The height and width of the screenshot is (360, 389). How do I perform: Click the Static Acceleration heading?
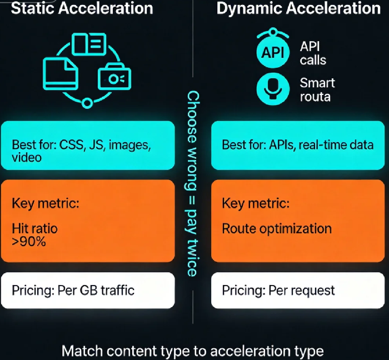point(82,8)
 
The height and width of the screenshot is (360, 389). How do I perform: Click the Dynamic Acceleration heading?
point(298,8)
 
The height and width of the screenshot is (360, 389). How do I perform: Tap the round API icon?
point(272,53)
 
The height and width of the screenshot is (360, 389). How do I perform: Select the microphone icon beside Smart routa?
point(272,89)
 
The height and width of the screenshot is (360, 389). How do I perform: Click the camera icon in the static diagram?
point(114,78)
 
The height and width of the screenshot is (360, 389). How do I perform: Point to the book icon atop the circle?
point(88,44)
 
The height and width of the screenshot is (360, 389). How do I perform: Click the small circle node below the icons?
point(87,103)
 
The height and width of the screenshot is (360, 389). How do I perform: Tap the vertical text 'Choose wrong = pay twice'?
point(192,183)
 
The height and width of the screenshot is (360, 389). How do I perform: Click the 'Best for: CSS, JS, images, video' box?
point(87,146)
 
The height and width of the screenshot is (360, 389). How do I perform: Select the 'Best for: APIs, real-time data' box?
point(298,146)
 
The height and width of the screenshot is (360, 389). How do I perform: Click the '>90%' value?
point(29,241)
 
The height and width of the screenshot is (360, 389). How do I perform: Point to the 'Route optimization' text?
point(277,228)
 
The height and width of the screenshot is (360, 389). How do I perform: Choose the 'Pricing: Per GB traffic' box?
point(87,290)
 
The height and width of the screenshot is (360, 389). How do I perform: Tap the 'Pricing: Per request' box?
point(298,290)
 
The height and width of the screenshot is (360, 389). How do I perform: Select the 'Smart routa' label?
point(317,89)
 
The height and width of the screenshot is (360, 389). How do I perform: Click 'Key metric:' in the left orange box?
point(46,203)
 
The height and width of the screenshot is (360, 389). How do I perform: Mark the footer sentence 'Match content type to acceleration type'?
point(192,351)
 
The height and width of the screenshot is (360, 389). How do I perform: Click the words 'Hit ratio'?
point(34,228)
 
